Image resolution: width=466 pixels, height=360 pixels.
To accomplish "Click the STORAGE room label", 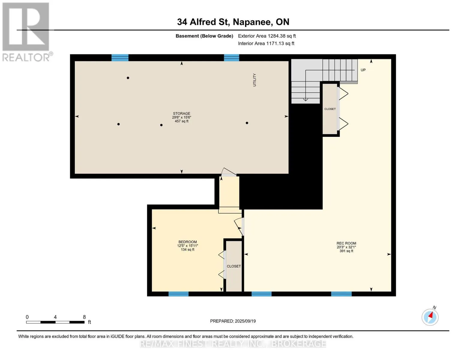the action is pos(182,113).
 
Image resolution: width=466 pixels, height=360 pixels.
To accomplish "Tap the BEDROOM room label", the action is pos(188,242).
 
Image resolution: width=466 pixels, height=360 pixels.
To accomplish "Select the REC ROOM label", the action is pos(346,243).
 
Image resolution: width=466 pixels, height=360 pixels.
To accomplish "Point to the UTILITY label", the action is pos(254,80).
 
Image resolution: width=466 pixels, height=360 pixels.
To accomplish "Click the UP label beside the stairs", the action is pos(363,70).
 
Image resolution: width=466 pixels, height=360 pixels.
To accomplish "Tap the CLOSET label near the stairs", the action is pos(330,109).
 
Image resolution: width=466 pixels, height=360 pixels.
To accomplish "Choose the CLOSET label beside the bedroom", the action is pos(233,266).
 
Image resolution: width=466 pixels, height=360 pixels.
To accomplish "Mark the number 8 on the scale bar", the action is pos(84,317).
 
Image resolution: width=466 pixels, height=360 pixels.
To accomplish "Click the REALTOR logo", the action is pos(27,32).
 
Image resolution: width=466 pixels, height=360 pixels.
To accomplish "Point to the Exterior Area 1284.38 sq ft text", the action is pos(267,36).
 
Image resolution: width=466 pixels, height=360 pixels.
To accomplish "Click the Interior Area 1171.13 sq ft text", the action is pos(266,43).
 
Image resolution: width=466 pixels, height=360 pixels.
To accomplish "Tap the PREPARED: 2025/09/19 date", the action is pos(233,321).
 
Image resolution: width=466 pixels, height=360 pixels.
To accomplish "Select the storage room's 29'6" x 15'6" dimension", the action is pos(182,117).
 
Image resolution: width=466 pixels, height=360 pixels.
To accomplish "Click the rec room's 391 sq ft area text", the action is pos(346,251).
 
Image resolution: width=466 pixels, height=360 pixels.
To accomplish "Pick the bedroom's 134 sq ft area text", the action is pos(188,250).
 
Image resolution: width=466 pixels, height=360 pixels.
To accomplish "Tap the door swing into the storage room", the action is pos(229,172).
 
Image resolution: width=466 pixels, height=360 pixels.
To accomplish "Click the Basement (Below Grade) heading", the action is pos(204,36).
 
